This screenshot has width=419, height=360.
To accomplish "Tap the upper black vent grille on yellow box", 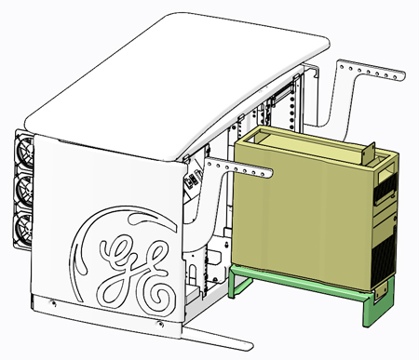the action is coord(385,187).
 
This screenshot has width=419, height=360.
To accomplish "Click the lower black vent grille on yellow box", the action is coord(383,259).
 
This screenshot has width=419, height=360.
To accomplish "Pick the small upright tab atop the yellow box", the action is coord(369,153).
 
